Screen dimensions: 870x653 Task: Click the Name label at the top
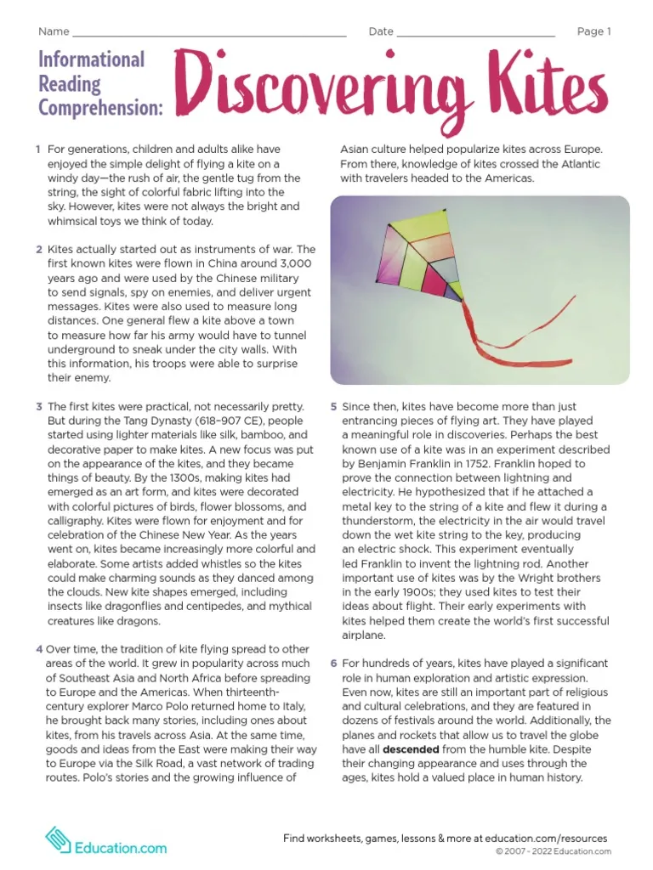pyautogui.click(x=54, y=32)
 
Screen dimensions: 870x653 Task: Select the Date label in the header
pyautogui.click(x=380, y=32)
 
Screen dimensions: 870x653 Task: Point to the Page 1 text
pyautogui.click(x=593, y=32)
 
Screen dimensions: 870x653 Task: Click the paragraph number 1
pyautogui.click(x=38, y=150)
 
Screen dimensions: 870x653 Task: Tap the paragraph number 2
pyautogui.click(x=39, y=250)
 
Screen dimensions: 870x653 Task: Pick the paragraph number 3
pyautogui.click(x=39, y=407)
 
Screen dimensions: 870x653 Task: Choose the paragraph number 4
pyautogui.click(x=39, y=649)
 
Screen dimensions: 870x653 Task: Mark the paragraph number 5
pyautogui.click(x=334, y=407)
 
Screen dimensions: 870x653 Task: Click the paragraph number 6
pyautogui.click(x=334, y=663)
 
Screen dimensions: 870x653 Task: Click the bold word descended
pyautogui.click(x=411, y=750)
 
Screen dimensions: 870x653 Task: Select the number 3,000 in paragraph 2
pyautogui.click(x=292, y=263)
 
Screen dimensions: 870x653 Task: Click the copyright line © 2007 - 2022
pyautogui.click(x=553, y=851)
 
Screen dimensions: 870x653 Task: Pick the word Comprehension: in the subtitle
pyautogui.click(x=100, y=108)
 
